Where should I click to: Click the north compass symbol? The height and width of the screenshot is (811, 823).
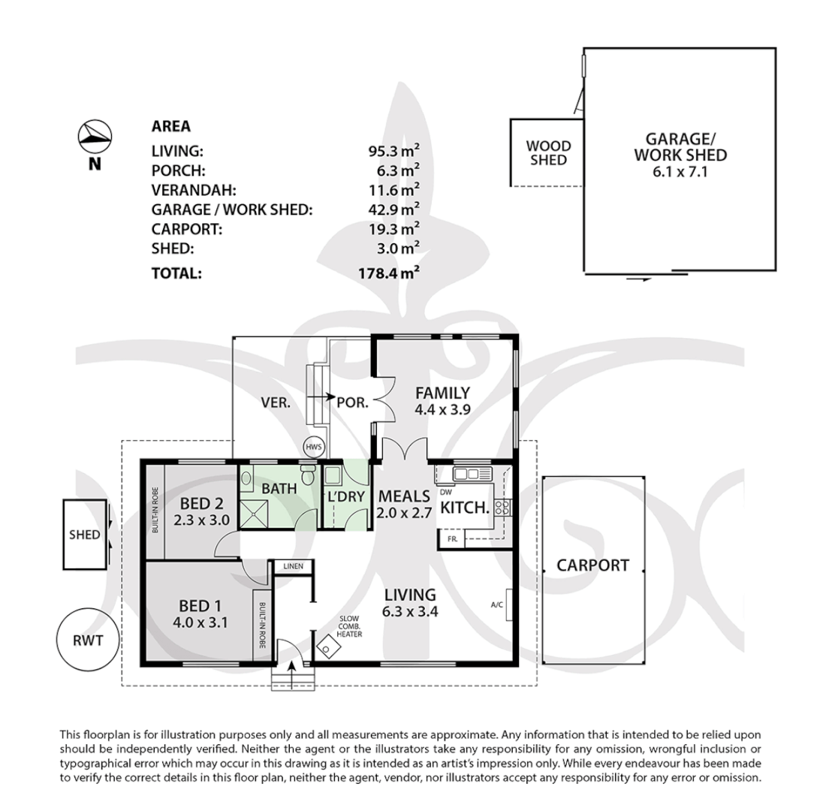click(x=95, y=136)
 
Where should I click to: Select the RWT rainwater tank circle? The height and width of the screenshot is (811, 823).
click(x=87, y=641)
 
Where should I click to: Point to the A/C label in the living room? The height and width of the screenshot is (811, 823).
click(x=496, y=604)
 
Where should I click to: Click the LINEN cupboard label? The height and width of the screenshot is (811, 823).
click(x=292, y=566)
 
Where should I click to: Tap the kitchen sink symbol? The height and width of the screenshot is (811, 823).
click(x=470, y=473)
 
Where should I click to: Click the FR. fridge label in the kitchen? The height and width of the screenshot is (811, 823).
click(x=452, y=539)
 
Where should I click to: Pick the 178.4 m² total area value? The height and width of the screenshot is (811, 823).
click(x=388, y=273)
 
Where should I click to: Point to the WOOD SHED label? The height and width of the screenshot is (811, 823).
click(x=547, y=152)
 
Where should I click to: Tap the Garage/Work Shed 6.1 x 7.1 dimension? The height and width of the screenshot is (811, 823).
click(x=680, y=171)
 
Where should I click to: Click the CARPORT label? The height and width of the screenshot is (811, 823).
click(x=592, y=565)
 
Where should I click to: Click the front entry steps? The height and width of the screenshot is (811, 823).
click(x=293, y=680)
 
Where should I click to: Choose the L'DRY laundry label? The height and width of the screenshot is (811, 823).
click(x=346, y=496)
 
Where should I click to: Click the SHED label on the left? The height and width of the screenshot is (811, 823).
click(x=84, y=535)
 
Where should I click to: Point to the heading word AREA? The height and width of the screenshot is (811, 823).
click(x=171, y=126)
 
